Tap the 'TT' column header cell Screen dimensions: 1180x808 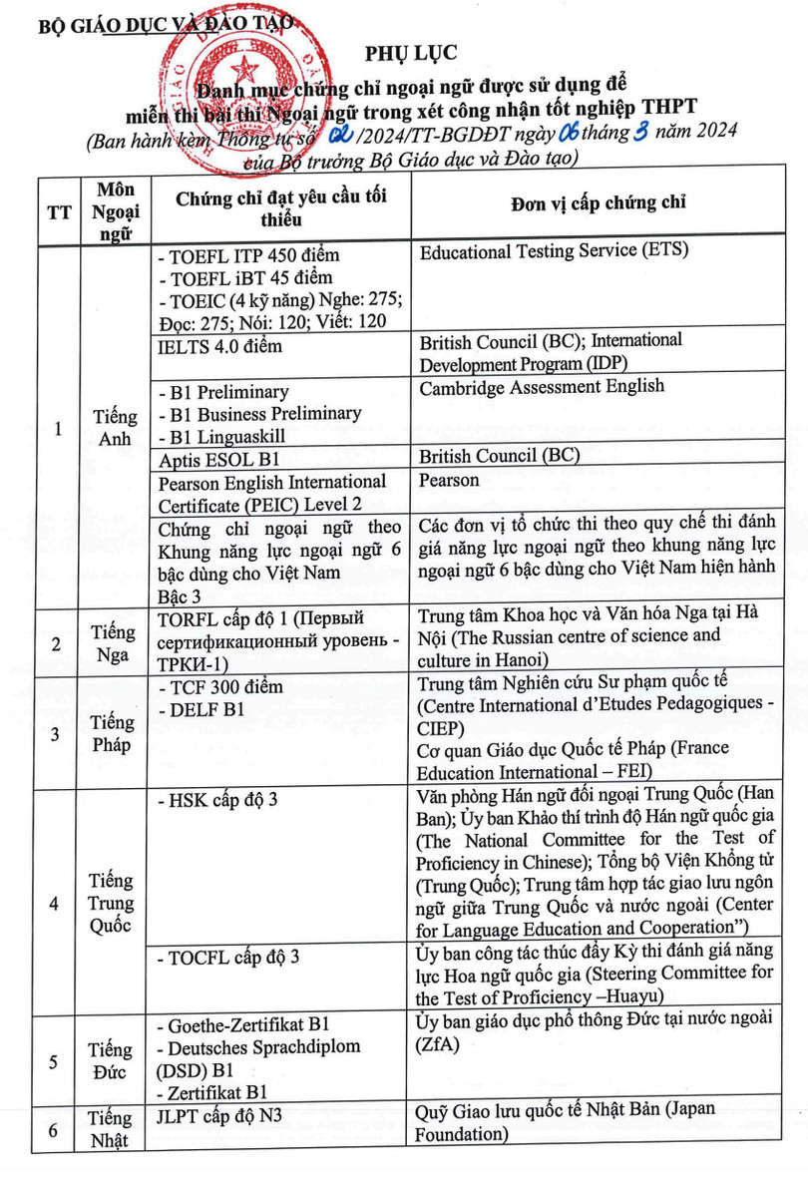58,211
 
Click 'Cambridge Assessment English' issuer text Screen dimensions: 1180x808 542,387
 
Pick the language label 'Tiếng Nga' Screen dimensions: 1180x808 113,643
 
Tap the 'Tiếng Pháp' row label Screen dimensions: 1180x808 113,733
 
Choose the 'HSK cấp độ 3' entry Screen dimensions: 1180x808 217,801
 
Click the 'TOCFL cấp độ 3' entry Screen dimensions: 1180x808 229,957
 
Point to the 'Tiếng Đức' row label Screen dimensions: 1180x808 113,1061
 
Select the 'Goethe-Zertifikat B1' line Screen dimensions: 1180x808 243,1024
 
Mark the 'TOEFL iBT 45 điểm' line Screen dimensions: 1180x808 245,277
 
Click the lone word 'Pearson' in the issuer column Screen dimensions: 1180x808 449,481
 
